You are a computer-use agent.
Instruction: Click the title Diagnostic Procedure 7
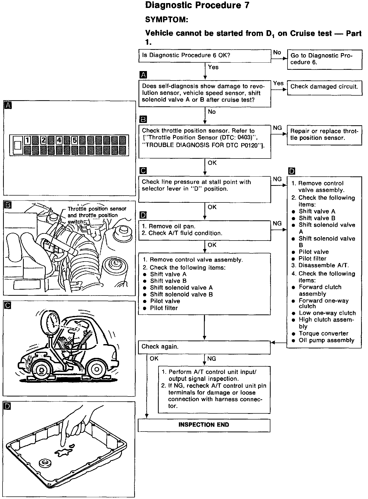[197, 6]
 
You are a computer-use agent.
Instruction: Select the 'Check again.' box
[204, 347]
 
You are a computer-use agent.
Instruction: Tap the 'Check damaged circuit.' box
[324, 87]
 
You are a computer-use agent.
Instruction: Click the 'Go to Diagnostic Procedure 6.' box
[324, 59]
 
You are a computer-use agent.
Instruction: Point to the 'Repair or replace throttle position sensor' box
[324, 135]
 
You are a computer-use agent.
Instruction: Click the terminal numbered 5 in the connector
[75, 140]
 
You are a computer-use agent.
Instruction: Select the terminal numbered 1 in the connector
[28, 140]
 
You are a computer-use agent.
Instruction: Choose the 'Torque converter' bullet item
[324, 334]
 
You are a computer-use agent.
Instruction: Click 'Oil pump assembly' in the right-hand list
[326, 340]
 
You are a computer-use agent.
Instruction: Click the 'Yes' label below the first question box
[213, 67]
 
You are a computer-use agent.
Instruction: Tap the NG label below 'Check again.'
[212, 359]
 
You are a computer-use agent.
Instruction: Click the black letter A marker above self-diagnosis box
[143, 75]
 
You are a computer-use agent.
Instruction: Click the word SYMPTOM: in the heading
[167, 20]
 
